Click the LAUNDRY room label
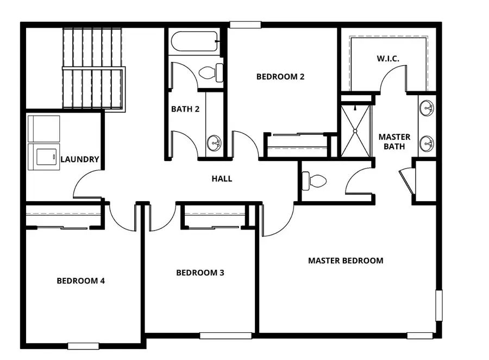80,159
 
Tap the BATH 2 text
185,109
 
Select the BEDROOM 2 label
280,77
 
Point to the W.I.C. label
388,58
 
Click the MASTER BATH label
394,141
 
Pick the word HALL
222,178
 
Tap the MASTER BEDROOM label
346,260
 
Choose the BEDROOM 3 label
200,272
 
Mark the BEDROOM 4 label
81,281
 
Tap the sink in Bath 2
214,144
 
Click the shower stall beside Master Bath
356,131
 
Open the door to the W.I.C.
393,78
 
